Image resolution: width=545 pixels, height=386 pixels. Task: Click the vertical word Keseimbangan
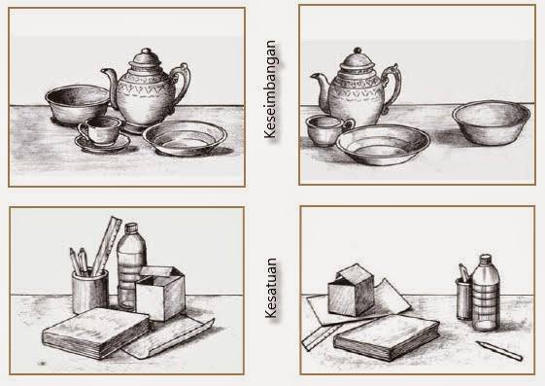(270, 89)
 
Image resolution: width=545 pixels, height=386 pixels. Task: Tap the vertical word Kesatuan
(270, 288)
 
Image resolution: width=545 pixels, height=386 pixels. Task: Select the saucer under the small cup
(103, 143)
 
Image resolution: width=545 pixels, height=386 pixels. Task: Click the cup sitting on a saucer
(101, 130)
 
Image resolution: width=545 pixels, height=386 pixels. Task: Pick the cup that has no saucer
(328, 130)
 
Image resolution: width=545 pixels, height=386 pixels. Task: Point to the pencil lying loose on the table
(499, 351)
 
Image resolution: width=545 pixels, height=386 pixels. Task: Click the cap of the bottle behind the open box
(131, 228)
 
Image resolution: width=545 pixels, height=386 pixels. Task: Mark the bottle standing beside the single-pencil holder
(486, 293)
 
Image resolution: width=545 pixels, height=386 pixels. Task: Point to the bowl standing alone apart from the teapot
(492, 123)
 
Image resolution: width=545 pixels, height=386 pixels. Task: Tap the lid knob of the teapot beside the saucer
(147, 52)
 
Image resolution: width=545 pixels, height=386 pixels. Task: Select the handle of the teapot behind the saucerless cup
(392, 87)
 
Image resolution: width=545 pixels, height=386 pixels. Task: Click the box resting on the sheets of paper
(351, 291)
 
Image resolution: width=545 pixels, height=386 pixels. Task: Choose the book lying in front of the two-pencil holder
(96, 333)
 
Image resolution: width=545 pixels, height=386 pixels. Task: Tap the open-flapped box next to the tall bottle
(160, 293)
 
